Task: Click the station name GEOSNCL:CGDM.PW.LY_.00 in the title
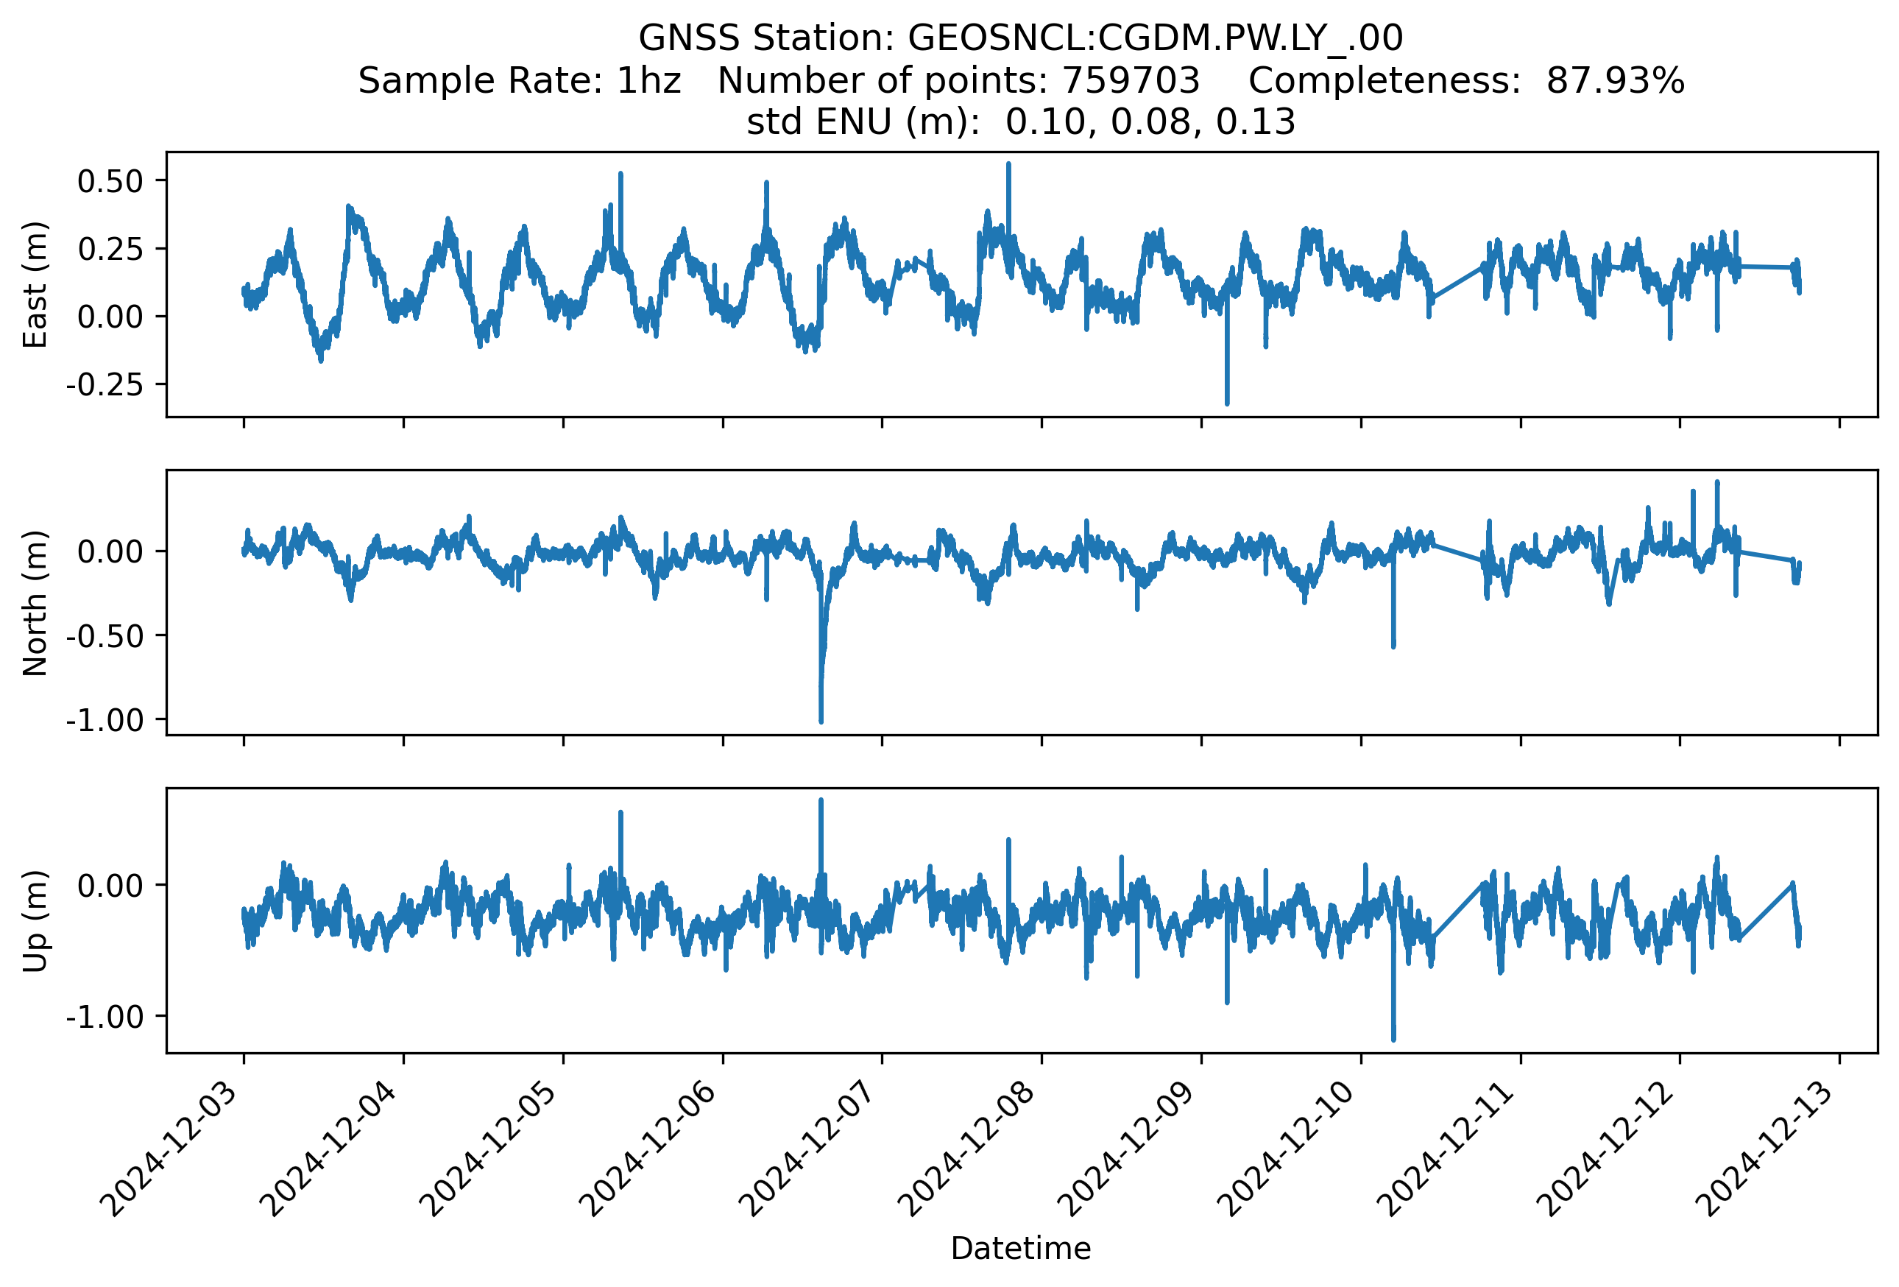coord(1156,38)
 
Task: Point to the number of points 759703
coord(1130,81)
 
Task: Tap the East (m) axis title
coord(35,284)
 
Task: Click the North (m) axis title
coord(35,603)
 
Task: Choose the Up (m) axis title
coord(35,921)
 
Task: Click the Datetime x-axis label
coord(1021,1249)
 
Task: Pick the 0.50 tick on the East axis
coord(110,181)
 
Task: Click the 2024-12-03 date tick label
coord(175,1154)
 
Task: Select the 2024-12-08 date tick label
coord(972,1154)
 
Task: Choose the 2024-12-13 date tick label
coord(1770,1154)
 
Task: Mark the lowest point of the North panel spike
coord(821,722)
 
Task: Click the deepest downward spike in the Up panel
coord(1393,1040)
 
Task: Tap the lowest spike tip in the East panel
coord(1226,403)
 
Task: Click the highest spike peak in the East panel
coord(1008,163)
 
